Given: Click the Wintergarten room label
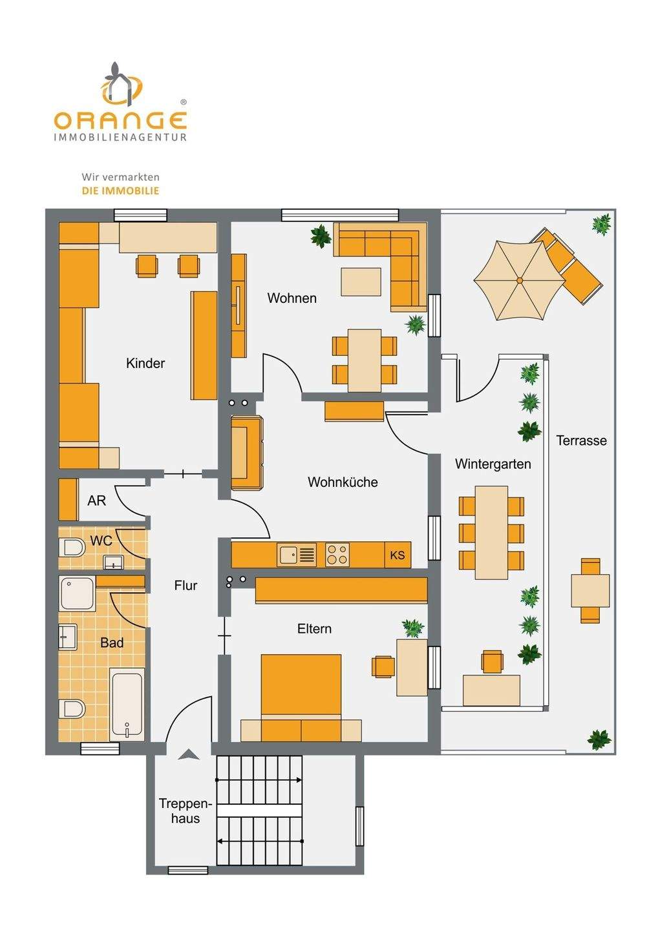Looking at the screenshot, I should pyautogui.click(x=493, y=464).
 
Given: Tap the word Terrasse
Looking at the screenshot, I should pyautogui.click(x=581, y=440).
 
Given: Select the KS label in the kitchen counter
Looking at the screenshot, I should pyautogui.click(x=397, y=555).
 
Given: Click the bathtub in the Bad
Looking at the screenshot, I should pyautogui.click(x=127, y=705).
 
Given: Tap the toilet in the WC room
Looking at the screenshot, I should pyautogui.click(x=71, y=548).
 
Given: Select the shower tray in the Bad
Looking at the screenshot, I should pyautogui.click(x=78, y=594).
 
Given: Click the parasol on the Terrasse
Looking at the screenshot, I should pyautogui.click(x=519, y=280).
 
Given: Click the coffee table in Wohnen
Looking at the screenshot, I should pyautogui.click(x=361, y=282).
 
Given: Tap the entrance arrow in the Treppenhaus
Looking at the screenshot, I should pyautogui.click(x=188, y=754).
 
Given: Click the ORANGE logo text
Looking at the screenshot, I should pyautogui.click(x=120, y=120).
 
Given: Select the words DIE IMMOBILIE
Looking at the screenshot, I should pyautogui.click(x=120, y=191).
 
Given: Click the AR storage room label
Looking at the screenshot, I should pyautogui.click(x=96, y=501).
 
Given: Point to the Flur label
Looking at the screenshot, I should pyautogui.click(x=186, y=585).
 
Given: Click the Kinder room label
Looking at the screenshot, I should pyautogui.click(x=145, y=363).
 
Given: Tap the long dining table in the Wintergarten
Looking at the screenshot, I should pyautogui.click(x=491, y=532).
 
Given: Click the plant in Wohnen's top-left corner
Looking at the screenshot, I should pyautogui.click(x=321, y=236).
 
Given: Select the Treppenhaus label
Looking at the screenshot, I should pyautogui.click(x=185, y=811).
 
